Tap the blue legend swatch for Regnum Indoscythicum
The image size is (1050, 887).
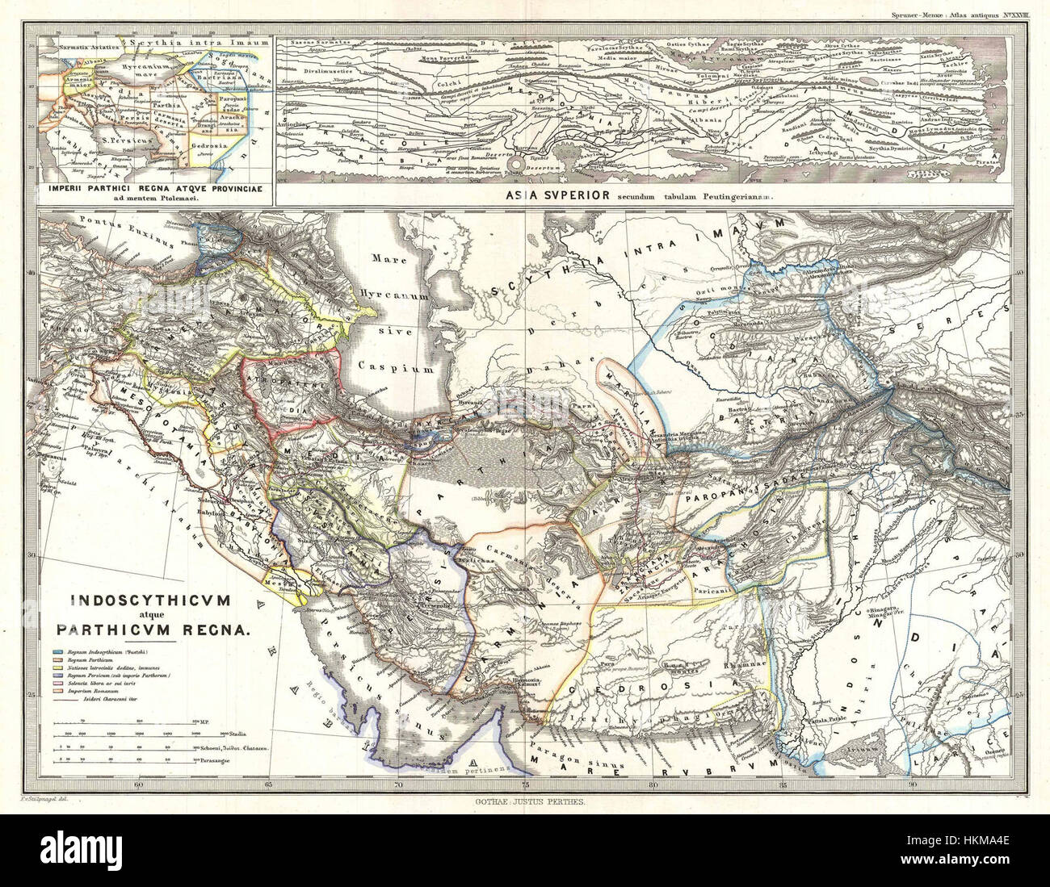pyautogui.click(x=59, y=651)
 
